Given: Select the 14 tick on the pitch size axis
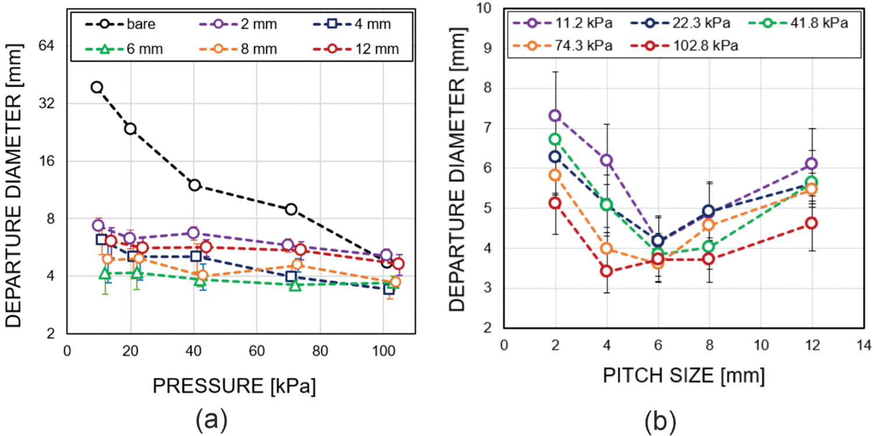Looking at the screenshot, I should point(863,344).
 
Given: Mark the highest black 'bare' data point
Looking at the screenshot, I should point(97,87).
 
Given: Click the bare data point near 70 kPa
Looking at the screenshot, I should point(291,209).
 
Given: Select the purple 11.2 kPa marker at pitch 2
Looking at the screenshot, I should point(555,115).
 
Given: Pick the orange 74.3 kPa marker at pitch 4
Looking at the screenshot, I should point(607,248).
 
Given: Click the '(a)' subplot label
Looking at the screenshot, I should point(208,419).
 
